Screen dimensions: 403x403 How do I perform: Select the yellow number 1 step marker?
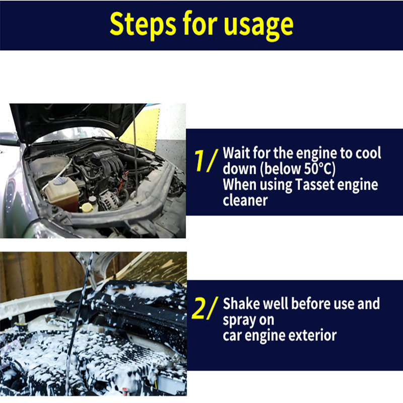pos(200,161)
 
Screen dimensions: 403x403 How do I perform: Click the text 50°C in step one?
pos(319,169)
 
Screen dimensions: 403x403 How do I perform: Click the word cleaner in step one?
pos(245,200)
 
